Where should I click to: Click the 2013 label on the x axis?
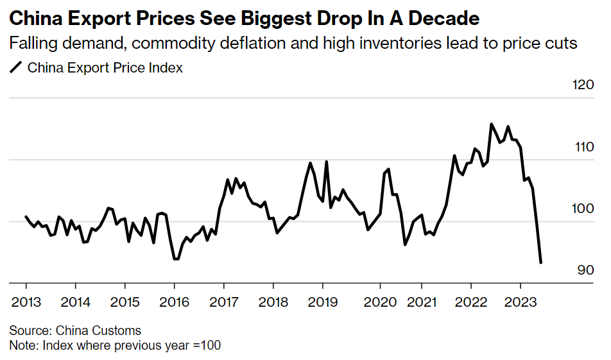coord(26,302)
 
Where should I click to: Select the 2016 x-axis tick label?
coord(174,302)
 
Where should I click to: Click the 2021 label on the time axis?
coord(422,302)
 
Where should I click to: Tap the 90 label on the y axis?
coord(585,271)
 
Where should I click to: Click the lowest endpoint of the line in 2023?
coord(541,262)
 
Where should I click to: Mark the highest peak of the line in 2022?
coord(491,124)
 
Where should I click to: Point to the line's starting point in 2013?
coord(26,217)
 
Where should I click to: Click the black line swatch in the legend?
coord(16,67)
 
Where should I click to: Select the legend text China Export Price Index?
coord(105,67)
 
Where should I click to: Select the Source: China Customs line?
coord(75,331)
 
